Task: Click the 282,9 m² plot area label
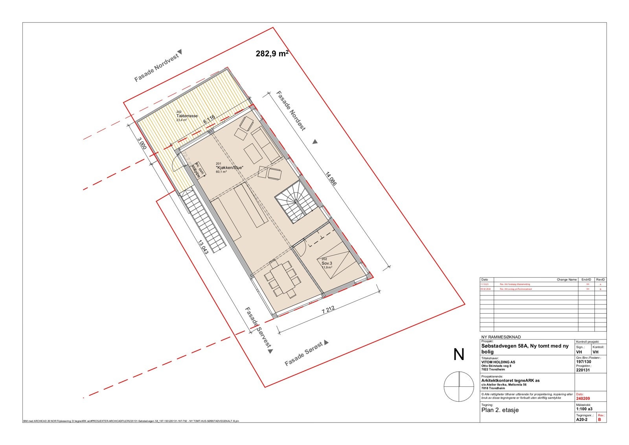coord(272,54)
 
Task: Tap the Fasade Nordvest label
coord(157,68)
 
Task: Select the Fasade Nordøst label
coord(291,111)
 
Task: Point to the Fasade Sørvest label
coord(258,328)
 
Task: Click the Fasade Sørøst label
coord(304,354)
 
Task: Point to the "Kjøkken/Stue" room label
coord(230,168)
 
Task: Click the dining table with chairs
coord(283,279)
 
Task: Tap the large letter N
coord(459,355)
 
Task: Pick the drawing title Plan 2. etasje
coord(500,410)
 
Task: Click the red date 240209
coord(582,398)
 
